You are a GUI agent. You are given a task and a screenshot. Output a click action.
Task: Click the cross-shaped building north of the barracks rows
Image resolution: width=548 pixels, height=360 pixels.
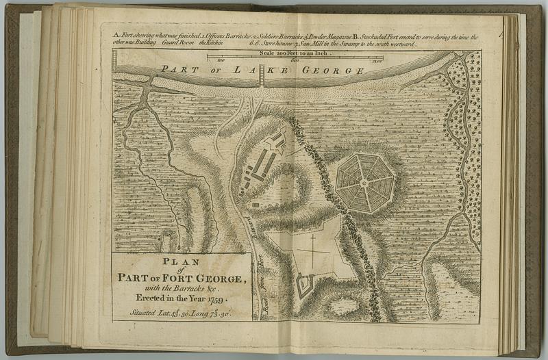pos(276,140)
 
